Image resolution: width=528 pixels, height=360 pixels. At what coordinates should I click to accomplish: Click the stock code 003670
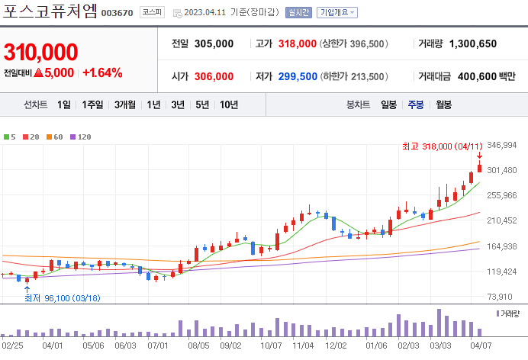click(117, 14)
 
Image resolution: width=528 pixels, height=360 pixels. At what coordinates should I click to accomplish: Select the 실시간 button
click(298, 13)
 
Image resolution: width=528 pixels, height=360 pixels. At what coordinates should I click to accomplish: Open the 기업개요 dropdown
click(337, 13)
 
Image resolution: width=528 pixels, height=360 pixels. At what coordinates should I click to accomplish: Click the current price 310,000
click(40, 52)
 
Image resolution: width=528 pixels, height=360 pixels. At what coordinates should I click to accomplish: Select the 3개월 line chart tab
click(125, 104)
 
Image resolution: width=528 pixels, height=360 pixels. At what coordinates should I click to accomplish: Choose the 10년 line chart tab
click(229, 104)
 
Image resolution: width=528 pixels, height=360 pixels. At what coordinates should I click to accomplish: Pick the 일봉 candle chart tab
click(388, 104)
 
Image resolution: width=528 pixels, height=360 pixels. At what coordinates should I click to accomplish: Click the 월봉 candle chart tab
click(443, 104)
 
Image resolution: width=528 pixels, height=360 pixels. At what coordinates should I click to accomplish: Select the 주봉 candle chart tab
click(416, 104)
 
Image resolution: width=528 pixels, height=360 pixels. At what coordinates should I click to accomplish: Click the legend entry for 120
click(81, 137)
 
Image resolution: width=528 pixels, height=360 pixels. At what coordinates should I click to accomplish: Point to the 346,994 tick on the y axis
click(502, 145)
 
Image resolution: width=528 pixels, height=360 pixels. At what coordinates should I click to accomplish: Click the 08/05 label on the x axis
click(198, 345)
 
